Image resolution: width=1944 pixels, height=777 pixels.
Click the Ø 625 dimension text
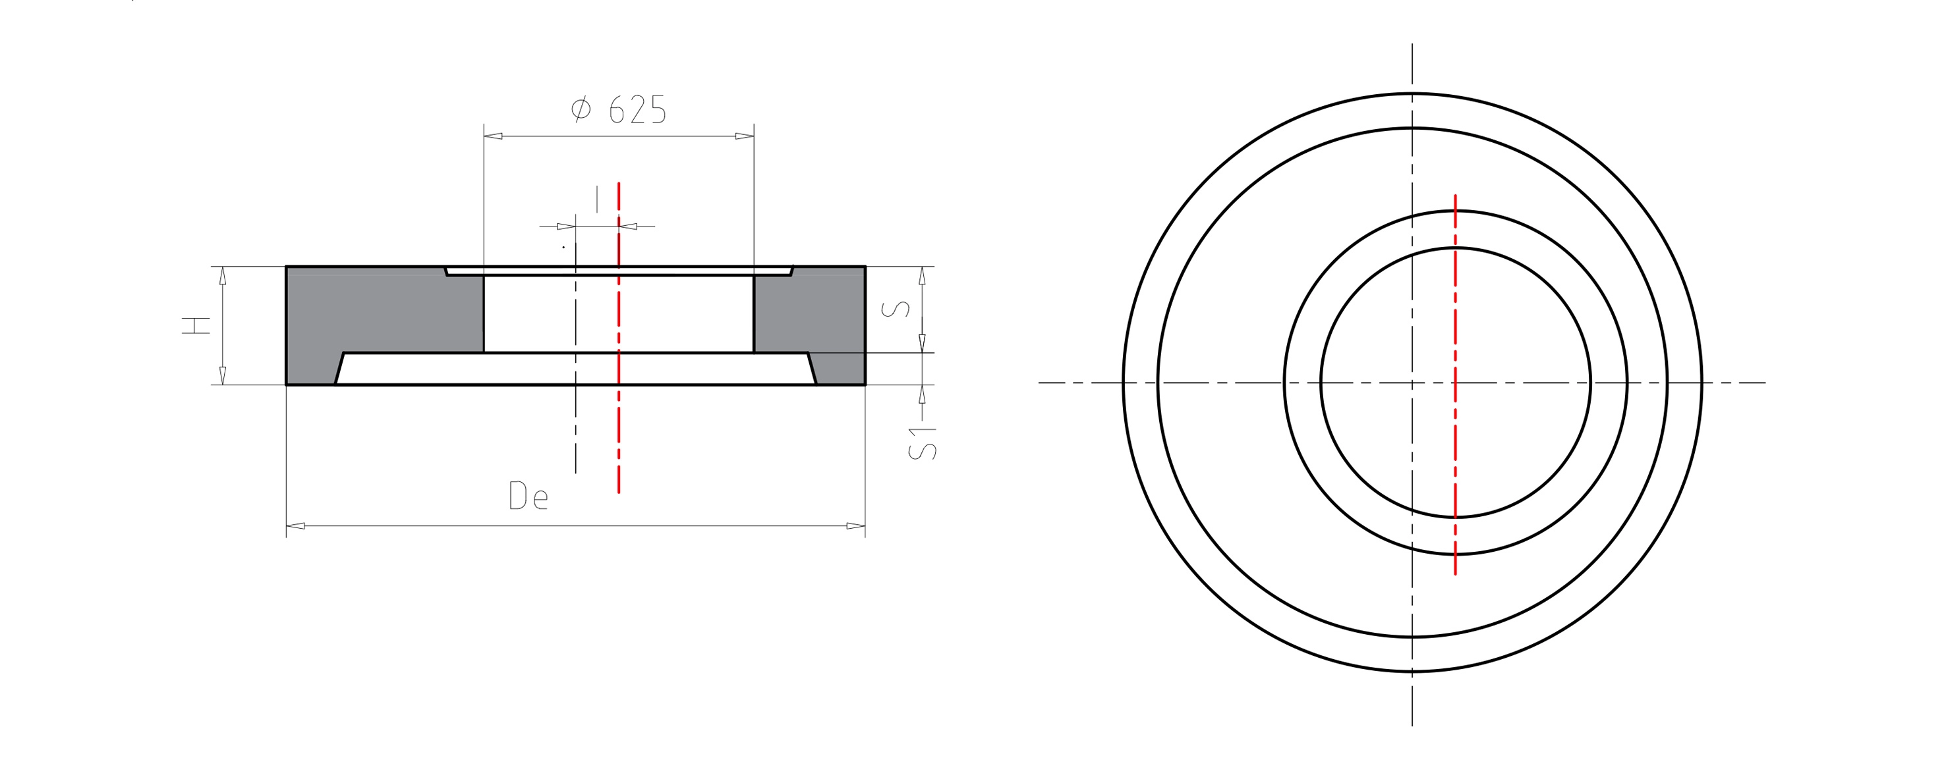(x=619, y=109)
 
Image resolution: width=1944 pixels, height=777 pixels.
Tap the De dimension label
(x=529, y=496)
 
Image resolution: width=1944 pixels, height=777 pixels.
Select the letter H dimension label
(x=196, y=325)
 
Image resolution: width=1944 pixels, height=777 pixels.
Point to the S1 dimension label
(x=921, y=444)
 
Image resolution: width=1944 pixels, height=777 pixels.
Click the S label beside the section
(x=896, y=309)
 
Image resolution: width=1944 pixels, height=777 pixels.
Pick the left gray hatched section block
(x=378, y=317)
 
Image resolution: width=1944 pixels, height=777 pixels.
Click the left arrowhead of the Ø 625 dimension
(x=493, y=136)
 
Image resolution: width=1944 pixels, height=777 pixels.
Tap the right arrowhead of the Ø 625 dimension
(x=745, y=136)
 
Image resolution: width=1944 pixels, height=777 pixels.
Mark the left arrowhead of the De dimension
(x=296, y=526)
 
